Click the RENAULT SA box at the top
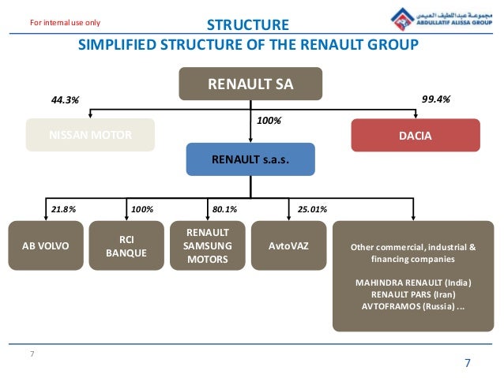pos(250,84)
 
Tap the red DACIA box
pos(415,135)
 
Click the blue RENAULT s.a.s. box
pos(250,159)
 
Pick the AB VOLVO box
pos(47,246)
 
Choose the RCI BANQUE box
pos(127,246)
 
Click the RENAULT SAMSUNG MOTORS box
pos(208,246)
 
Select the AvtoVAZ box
pos(288,246)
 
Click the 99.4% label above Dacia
pos(436,100)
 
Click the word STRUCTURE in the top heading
pos(247,25)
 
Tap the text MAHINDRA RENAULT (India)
pos(413,282)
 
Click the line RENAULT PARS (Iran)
pos(413,294)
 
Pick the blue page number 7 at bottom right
pos(467,362)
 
